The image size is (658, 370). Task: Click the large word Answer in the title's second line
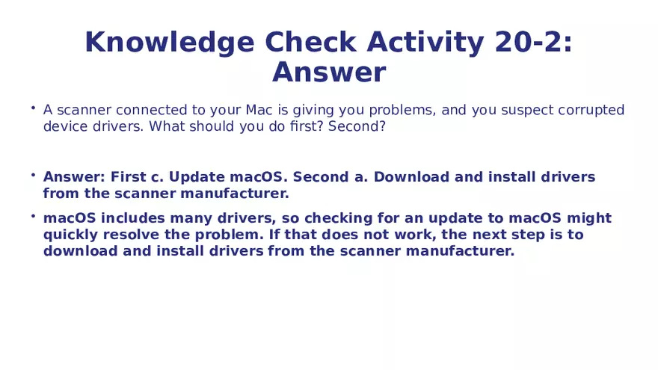click(x=329, y=73)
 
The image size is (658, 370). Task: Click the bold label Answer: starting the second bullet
click(x=73, y=178)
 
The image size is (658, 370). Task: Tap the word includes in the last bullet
click(x=130, y=219)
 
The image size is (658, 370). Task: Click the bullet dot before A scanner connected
click(x=33, y=108)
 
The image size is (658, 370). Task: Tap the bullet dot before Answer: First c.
click(x=33, y=176)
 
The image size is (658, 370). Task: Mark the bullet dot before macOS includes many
click(x=33, y=217)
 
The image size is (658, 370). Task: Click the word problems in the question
click(x=405, y=111)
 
